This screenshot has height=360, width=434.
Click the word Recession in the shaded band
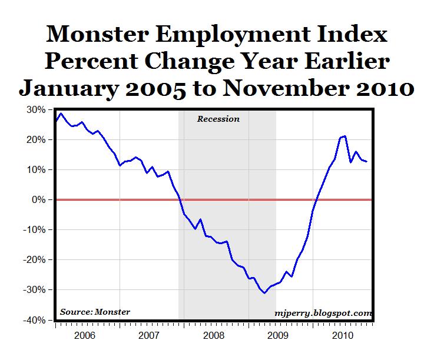coord(218,119)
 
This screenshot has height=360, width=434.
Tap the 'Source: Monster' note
coord(95,312)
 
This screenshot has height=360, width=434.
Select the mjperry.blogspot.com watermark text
coord(323,313)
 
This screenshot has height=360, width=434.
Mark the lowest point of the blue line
coord(265,293)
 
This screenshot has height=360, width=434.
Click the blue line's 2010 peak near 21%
coord(344,136)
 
